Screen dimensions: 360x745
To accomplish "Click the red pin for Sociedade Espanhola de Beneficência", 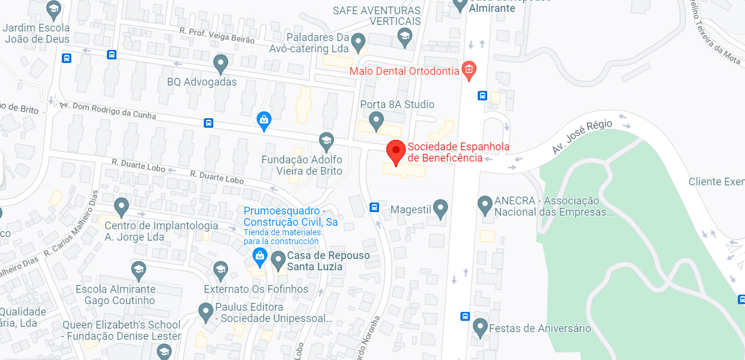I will [396, 151].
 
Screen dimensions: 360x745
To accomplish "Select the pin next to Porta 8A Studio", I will [376, 121].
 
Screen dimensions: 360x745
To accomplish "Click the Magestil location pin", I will [440, 208].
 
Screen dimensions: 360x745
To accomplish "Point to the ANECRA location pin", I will [485, 205].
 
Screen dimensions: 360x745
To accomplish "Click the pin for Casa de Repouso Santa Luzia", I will [278, 260].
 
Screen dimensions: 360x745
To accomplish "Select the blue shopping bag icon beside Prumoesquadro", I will [259, 257].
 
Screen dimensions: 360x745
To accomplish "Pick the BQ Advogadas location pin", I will [221, 63].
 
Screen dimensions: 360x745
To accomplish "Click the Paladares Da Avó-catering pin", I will [358, 42].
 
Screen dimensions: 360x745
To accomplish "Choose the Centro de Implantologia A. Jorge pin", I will [122, 207].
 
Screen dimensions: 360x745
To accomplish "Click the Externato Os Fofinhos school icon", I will [220, 270].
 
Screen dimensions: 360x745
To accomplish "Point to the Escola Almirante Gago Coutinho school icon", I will [138, 270].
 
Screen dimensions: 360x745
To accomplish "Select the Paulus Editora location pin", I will [206, 311].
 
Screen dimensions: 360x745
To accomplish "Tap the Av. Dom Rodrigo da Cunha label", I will [108, 111].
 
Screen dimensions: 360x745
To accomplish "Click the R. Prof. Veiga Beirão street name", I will [217, 35].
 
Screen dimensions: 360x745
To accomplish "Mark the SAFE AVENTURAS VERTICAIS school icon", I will [405, 37].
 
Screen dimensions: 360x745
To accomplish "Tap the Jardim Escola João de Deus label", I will [36, 33].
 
